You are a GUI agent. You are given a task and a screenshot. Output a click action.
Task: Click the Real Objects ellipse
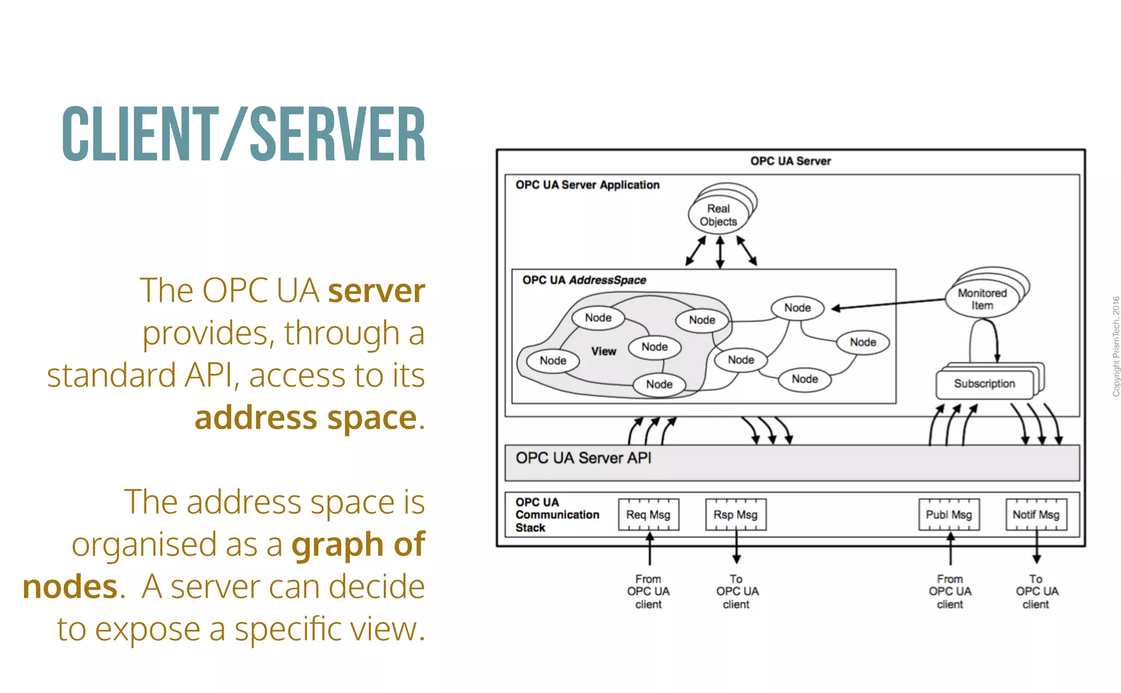(x=718, y=215)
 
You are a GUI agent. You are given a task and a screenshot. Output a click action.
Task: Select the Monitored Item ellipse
(x=982, y=299)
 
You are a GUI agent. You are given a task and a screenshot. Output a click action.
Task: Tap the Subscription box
(x=984, y=384)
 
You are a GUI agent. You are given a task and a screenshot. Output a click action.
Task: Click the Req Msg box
(x=648, y=515)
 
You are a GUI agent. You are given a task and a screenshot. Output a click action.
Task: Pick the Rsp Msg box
(x=735, y=515)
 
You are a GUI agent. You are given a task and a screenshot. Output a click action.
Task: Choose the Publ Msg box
(x=949, y=515)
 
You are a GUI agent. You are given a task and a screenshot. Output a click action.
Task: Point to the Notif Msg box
(x=1036, y=515)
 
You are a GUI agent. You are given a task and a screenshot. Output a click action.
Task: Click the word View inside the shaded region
(x=603, y=351)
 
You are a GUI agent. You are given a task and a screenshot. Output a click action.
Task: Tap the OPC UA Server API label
(x=583, y=458)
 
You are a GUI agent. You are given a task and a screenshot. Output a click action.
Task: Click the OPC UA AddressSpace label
(x=583, y=280)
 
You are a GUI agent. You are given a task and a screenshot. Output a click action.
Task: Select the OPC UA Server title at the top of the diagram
(x=790, y=161)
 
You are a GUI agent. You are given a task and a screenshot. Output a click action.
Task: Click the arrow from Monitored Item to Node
(x=887, y=304)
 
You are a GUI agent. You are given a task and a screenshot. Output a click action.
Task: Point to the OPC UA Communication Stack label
(x=557, y=515)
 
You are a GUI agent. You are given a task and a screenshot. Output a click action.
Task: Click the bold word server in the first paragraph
(x=376, y=291)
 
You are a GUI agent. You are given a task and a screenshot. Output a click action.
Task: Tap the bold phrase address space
(x=306, y=418)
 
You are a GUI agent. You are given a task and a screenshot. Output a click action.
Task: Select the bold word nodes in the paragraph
(x=70, y=587)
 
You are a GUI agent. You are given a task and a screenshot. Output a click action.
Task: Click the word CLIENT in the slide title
(x=140, y=135)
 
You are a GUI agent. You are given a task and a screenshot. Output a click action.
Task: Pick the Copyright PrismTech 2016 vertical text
(x=1116, y=346)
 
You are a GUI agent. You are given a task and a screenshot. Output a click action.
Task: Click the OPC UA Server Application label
(x=587, y=185)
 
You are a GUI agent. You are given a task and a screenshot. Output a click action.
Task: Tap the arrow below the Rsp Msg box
(x=736, y=547)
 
